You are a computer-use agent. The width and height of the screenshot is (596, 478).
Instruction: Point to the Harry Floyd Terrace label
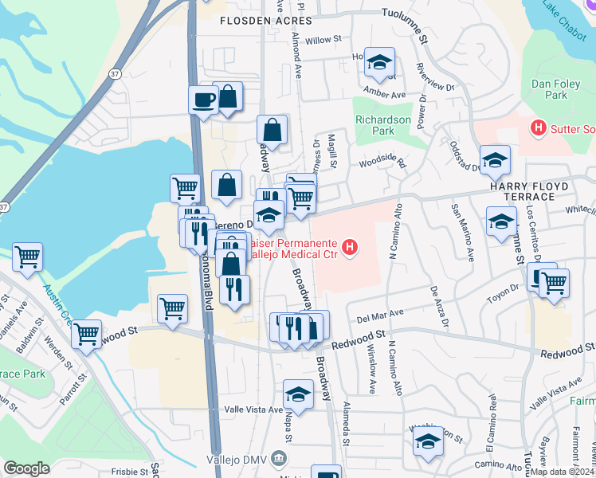532,191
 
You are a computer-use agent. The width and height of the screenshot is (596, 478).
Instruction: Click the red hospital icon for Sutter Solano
538,127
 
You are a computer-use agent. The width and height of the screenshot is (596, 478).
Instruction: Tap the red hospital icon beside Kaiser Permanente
350,249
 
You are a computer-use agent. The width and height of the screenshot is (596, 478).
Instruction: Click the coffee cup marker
202,100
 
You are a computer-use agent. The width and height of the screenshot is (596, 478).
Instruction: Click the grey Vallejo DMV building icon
278,458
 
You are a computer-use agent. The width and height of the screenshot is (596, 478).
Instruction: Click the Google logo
26,468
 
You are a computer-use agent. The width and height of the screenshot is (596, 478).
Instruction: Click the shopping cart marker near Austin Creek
27,257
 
